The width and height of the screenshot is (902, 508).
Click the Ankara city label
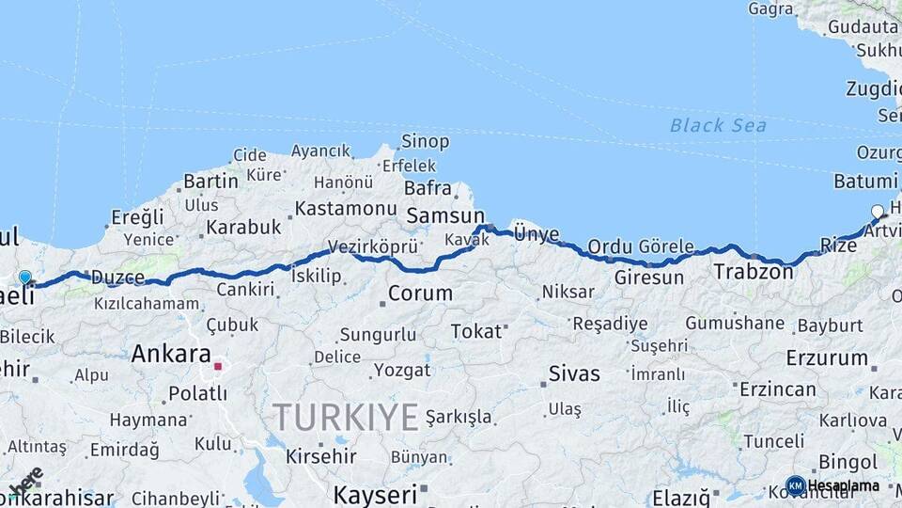pos(171,355)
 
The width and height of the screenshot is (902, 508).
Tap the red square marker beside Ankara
pos(218,366)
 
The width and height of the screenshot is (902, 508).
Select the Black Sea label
pos(718,125)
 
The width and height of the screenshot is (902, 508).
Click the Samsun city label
pos(444,216)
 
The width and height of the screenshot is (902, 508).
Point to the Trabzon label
pos(754,272)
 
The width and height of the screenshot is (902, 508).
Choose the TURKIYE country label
pos(345,416)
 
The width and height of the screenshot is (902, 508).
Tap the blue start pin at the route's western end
pos(25,278)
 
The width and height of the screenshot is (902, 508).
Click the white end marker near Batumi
pos(878,212)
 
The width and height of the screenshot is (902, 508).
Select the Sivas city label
pos(574,373)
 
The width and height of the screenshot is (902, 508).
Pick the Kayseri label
pos(374,494)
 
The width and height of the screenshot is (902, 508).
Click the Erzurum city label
pos(827,358)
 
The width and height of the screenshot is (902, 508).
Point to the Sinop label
pos(425,142)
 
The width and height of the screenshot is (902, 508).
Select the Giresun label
pos(649,278)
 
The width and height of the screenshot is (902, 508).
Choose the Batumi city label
pos(865,181)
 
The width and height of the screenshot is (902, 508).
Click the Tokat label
pos(476,331)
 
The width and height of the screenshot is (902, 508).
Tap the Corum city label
pos(420,294)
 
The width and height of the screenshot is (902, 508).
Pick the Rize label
pos(838,246)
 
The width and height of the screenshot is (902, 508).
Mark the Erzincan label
pos(777,389)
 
